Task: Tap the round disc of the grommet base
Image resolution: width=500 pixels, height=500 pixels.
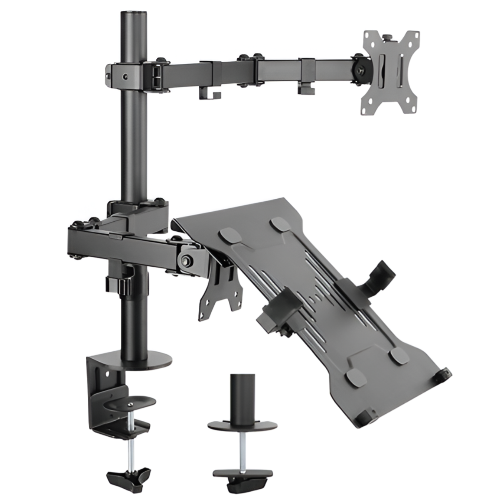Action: click(240, 425)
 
